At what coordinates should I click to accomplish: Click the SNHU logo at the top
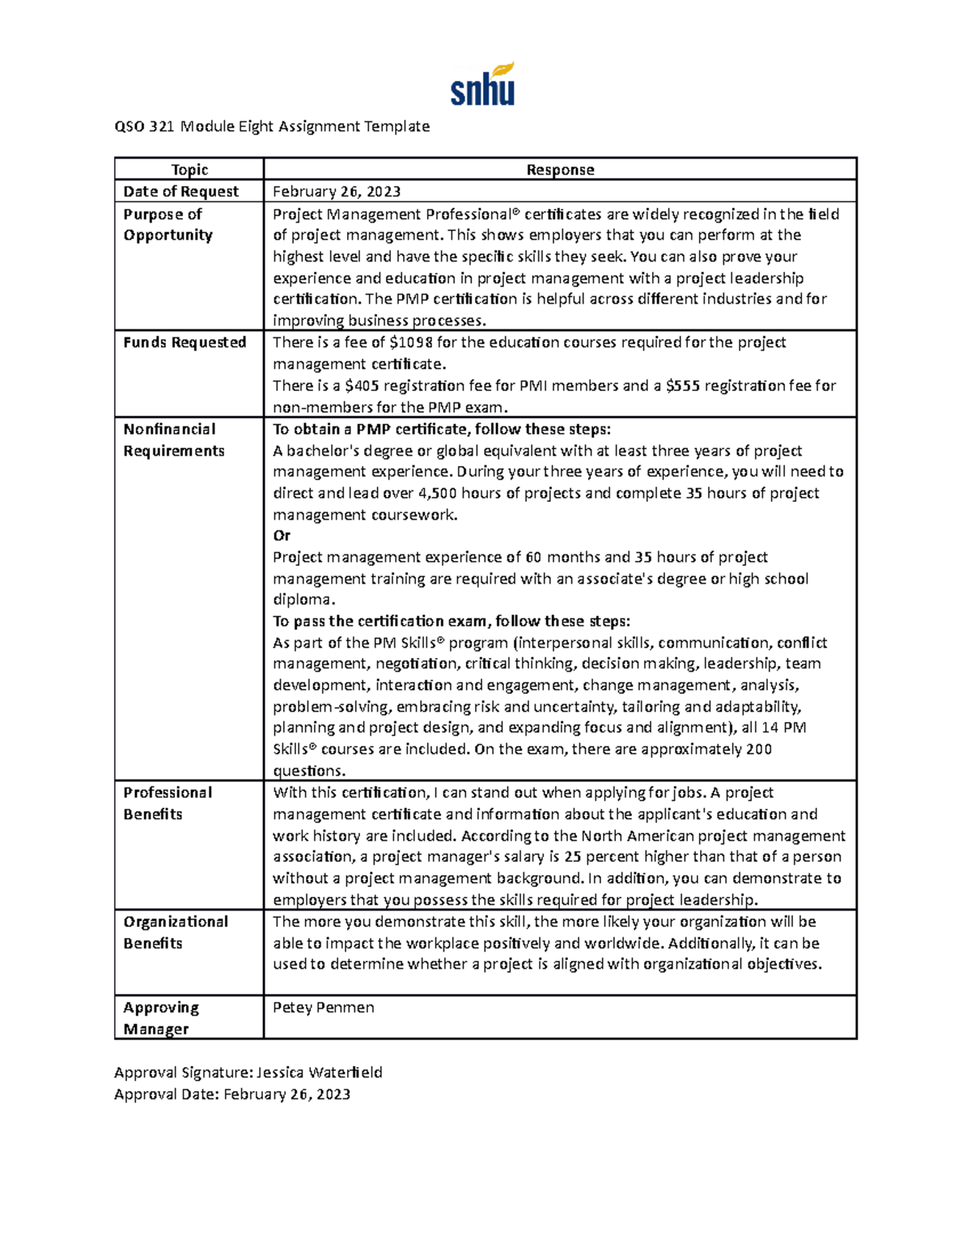(482, 85)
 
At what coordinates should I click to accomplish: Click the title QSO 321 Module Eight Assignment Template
(272, 126)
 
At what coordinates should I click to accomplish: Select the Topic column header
(189, 170)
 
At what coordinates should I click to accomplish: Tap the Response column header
(560, 170)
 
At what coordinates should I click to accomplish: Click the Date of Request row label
(180, 192)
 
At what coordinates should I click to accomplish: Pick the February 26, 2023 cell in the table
(337, 192)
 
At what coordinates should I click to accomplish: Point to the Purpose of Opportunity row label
(167, 225)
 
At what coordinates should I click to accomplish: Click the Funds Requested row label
(184, 342)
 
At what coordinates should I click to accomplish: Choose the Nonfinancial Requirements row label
(173, 440)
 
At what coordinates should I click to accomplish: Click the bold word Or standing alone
(282, 536)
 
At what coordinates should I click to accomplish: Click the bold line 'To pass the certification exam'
(451, 622)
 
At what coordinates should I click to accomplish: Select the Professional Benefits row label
(167, 804)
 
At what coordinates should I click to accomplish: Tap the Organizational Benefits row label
(176, 932)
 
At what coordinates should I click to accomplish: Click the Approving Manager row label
(160, 1018)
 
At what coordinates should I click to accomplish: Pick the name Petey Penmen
(324, 1008)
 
